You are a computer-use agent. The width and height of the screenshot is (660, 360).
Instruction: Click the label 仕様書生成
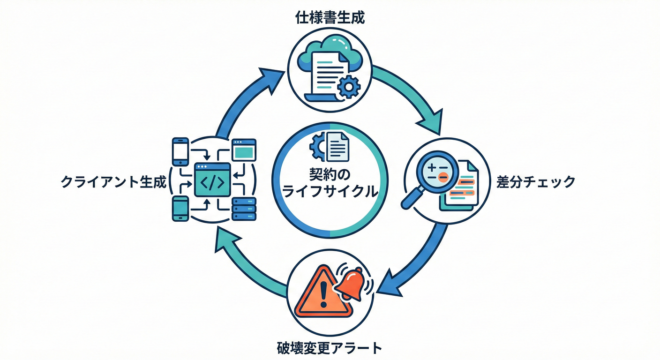pyautogui.click(x=330, y=19)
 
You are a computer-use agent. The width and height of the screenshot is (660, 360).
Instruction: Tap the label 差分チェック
pyautogui.click(x=536, y=182)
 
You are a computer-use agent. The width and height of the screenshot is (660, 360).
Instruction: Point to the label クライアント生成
pyautogui.click(x=114, y=182)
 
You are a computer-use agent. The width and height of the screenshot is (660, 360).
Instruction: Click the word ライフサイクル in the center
pyautogui.click(x=330, y=191)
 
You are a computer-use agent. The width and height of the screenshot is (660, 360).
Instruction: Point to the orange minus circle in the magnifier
pyautogui.click(x=443, y=176)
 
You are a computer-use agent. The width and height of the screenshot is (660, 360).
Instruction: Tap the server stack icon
pyautogui.click(x=244, y=209)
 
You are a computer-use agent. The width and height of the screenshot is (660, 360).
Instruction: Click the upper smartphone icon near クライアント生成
pyautogui.click(x=180, y=150)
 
